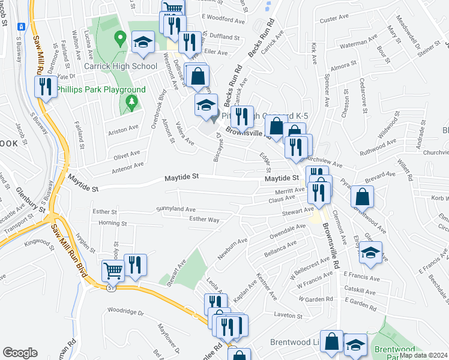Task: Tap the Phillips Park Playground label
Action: [x=101, y=89]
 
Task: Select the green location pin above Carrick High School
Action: [x=120, y=40]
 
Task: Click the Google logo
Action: [x=20, y=352]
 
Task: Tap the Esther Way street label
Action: [x=204, y=220]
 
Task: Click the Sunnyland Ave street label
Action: [x=176, y=209]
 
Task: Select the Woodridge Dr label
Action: [x=126, y=312]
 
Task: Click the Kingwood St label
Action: [x=38, y=242]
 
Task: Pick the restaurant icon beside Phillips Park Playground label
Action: [x=45, y=87]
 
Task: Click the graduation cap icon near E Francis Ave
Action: [x=370, y=254]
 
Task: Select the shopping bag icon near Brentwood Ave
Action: [x=363, y=196]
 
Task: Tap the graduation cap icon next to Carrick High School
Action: [x=143, y=42]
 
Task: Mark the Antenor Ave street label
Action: [x=126, y=165]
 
